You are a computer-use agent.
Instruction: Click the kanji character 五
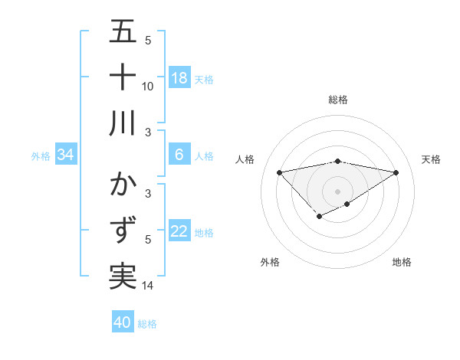tap(123, 32)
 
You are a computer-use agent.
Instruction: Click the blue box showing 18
tap(179, 78)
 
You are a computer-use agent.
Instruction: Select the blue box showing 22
tap(179, 231)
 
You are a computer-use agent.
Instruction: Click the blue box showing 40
tap(123, 322)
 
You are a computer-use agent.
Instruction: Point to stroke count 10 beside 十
tap(148, 86)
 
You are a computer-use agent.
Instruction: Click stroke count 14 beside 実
tap(148, 286)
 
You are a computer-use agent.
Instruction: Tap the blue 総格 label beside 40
tap(147, 324)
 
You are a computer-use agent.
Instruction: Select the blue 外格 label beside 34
tap(41, 156)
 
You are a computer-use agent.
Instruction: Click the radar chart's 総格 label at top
tap(338, 100)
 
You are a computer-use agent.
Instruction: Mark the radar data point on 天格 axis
tap(396, 172)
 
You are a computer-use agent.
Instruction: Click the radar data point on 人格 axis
tap(279, 172)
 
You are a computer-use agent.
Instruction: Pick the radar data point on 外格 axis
tap(319, 218)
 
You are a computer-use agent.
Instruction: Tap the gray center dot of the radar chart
tap(338, 191)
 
